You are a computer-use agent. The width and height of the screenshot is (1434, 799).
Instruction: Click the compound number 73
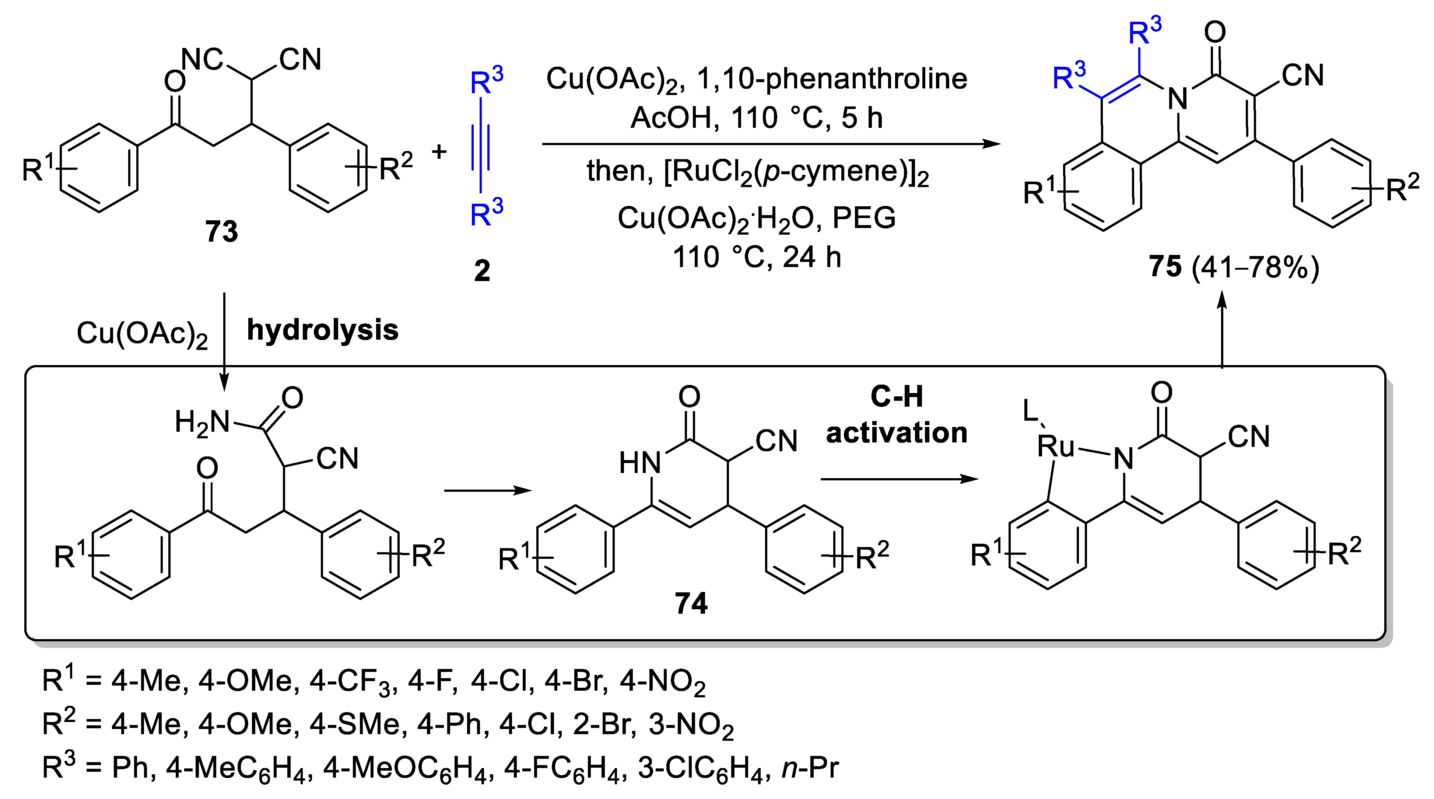pos(221,231)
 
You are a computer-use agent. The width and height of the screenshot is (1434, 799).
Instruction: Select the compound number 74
pos(691,603)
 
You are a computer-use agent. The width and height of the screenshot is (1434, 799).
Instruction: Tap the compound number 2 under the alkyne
pos(482,271)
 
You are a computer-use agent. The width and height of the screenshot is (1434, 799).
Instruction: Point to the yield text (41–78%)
pos(1256,267)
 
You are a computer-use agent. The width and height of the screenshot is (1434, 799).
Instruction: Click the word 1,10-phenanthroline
pos(832,78)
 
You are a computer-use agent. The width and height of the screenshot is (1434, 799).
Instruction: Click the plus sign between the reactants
pos(439,151)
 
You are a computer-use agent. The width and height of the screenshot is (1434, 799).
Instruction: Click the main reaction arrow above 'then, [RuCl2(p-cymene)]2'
pos(771,144)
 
